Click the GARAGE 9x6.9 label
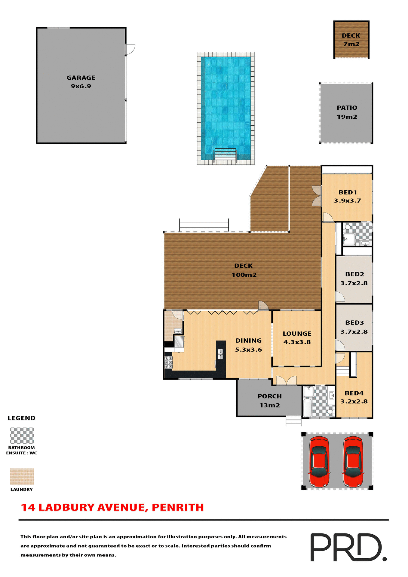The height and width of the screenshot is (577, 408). pos(81,82)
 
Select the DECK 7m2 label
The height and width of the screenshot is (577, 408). pos(351,40)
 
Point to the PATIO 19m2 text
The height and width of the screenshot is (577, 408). pos(347,112)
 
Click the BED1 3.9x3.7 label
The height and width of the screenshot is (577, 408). pos(347,197)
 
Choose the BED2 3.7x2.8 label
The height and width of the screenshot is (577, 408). pos(354,279)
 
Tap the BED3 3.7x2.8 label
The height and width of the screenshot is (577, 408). pos(354,327)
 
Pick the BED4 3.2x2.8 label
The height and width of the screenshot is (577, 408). pos(354,397)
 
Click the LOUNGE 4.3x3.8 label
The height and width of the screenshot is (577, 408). pos(297,338)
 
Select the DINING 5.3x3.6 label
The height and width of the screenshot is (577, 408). pos(248,345)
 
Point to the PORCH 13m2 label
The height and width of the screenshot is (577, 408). pos(269,401)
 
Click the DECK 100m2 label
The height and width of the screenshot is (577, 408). pos(244,270)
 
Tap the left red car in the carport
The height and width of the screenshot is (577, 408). pos(319,462)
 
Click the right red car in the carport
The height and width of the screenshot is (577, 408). pos(353,462)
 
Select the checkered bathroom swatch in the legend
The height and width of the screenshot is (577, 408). pos(22,436)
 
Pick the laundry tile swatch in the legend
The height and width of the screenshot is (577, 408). pos(22,477)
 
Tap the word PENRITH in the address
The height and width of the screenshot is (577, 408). pos(178,507)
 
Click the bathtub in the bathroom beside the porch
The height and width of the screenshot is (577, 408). pos(307,408)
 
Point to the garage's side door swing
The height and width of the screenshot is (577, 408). pos(130,49)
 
